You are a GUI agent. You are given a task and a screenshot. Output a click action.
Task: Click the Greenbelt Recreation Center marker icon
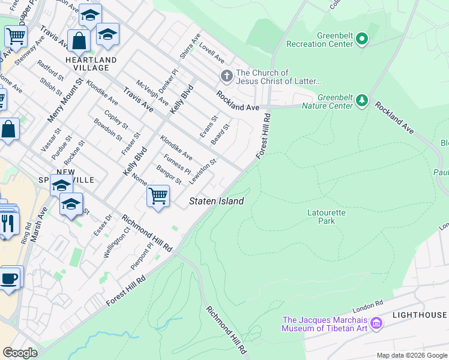361,40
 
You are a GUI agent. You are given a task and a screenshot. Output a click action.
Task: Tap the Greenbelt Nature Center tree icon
361,100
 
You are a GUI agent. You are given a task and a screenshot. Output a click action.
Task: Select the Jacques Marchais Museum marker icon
376,323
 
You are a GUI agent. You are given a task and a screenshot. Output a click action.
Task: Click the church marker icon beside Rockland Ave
226,76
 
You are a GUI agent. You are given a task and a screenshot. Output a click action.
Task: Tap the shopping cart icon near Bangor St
158,195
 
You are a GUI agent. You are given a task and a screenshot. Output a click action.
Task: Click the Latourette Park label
321,216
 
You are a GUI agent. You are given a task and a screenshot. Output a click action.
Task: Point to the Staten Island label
217,202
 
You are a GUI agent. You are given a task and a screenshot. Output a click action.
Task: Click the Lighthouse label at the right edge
420,315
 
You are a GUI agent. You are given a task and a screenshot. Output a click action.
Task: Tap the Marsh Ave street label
38,224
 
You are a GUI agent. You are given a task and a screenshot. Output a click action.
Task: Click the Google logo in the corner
20,353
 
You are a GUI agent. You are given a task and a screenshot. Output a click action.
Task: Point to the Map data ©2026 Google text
411,355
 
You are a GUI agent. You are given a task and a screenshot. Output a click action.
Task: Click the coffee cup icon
10,278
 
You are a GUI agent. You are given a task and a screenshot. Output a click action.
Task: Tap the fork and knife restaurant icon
7,223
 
